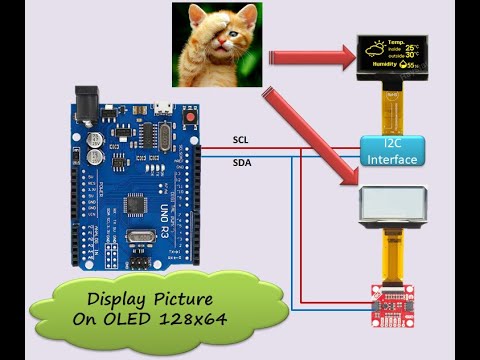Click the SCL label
[x=241, y=139]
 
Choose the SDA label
[x=242, y=161]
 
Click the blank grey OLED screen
[x=390, y=207]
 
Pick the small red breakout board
[x=390, y=298]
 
